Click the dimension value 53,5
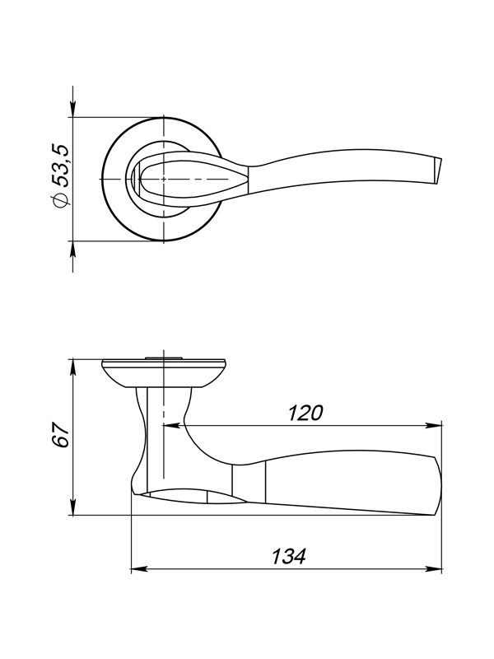59,166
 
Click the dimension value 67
60,435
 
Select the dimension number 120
305,413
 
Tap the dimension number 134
289,557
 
